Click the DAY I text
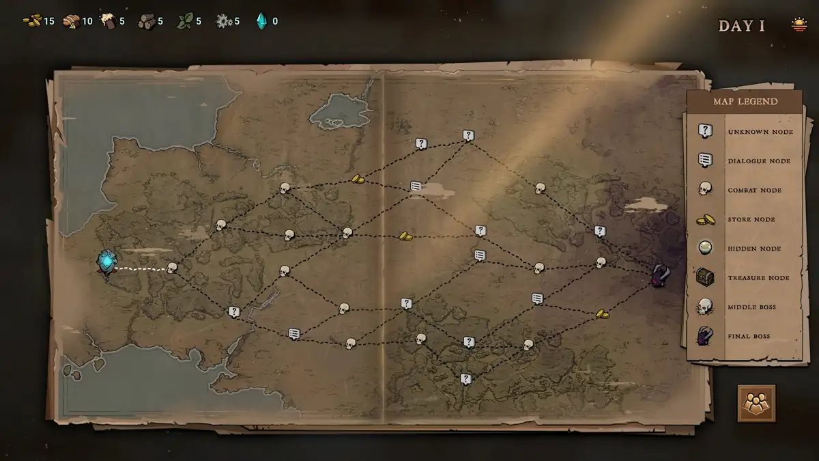click(x=741, y=26)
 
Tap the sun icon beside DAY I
click(x=799, y=25)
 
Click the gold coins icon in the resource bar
click(x=32, y=21)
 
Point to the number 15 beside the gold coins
click(x=49, y=21)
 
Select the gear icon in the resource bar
click(x=223, y=21)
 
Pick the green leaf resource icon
click(x=184, y=21)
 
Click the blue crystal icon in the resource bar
click(x=261, y=21)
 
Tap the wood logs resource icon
click(x=146, y=21)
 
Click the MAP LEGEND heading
click(x=745, y=102)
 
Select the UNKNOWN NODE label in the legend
click(x=760, y=132)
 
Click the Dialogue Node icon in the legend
click(x=706, y=160)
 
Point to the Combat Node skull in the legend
click(x=705, y=189)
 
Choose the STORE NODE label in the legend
click(x=751, y=219)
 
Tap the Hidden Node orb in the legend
click(x=705, y=248)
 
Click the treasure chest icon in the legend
click(x=706, y=277)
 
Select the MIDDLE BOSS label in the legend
click(x=751, y=307)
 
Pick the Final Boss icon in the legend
click(x=706, y=336)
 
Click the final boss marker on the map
click(x=660, y=276)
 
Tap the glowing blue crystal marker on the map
click(x=106, y=262)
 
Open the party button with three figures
click(x=756, y=404)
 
